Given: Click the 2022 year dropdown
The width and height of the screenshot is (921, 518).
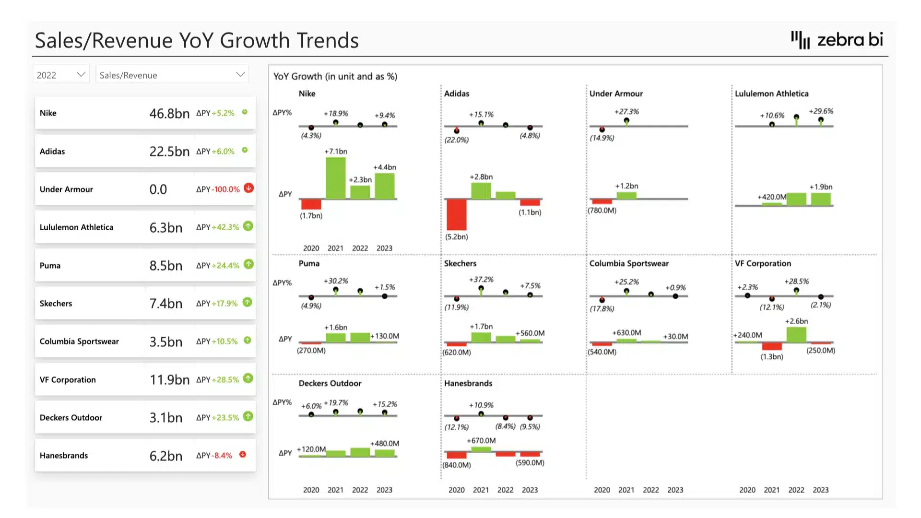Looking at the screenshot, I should pyautogui.click(x=61, y=75).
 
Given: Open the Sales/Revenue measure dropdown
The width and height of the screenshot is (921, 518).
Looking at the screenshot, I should pyautogui.click(x=172, y=75).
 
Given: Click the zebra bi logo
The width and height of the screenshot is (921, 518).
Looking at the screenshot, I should pyautogui.click(x=837, y=40).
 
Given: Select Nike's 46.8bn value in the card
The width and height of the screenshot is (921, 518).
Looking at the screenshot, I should pyautogui.click(x=169, y=113).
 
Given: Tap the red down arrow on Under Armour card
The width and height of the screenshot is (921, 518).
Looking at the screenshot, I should pyautogui.click(x=248, y=188).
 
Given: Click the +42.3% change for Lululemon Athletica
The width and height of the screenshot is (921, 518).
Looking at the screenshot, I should pyautogui.click(x=225, y=227).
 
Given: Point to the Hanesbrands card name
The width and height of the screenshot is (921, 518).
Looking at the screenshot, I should pyautogui.click(x=64, y=456).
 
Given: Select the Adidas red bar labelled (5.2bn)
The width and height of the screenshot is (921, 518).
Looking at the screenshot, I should pyautogui.click(x=456, y=214).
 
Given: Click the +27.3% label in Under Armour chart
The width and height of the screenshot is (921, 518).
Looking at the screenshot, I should pyautogui.click(x=626, y=112).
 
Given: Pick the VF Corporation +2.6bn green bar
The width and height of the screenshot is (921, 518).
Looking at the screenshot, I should pyautogui.click(x=796, y=334).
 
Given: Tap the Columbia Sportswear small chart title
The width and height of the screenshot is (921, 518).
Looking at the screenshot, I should pyautogui.click(x=628, y=263).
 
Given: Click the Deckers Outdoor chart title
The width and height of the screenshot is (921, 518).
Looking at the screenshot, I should pyautogui.click(x=330, y=383).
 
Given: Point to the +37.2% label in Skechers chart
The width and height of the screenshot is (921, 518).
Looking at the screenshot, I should pyautogui.click(x=481, y=280).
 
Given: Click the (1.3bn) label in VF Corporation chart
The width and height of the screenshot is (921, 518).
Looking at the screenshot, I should pyautogui.click(x=771, y=357).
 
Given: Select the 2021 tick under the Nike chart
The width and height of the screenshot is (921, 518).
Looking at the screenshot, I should pyautogui.click(x=335, y=248).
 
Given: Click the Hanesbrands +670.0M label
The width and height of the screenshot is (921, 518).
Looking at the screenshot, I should pyautogui.click(x=481, y=440).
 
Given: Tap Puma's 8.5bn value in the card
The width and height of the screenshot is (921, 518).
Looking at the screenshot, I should pyautogui.click(x=165, y=266).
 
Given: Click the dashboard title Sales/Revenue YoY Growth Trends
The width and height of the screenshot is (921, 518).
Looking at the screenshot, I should pyautogui.click(x=197, y=40).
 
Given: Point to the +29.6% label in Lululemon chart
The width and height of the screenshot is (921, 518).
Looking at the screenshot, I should pyautogui.click(x=821, y=111).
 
